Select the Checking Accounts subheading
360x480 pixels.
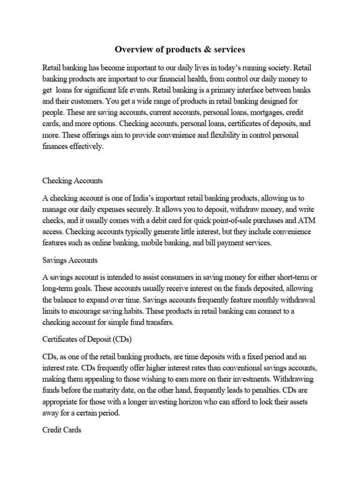72,180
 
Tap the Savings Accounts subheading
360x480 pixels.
69,260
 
